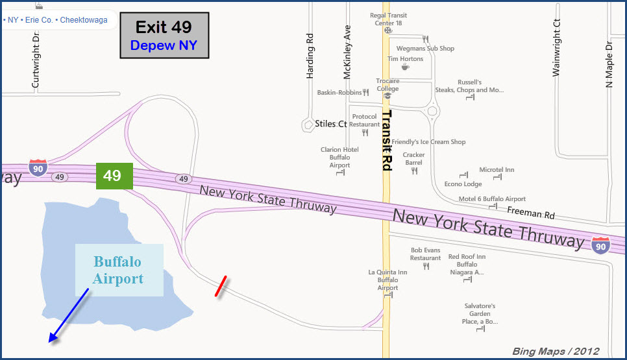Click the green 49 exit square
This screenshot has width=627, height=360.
point(114,176)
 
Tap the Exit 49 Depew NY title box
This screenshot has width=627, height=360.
point(164,36)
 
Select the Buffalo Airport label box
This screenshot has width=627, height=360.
point(119,270)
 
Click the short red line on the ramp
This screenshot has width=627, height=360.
point(221,286)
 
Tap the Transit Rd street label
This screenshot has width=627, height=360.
point(386,140)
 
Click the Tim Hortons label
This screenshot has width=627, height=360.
point(405,59)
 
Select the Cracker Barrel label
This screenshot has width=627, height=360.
point(413,159)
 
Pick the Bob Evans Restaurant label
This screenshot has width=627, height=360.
point(425,254)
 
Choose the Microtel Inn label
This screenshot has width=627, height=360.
point(497,170)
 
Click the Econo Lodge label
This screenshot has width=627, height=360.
point(463,184)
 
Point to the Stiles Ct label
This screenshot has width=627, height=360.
point(330,123)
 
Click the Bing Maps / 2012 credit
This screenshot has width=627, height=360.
point(555,352)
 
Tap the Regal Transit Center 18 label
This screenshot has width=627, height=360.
point(387,19)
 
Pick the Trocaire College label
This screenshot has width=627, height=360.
point(387,85)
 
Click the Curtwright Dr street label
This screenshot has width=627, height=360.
point(36,62)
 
